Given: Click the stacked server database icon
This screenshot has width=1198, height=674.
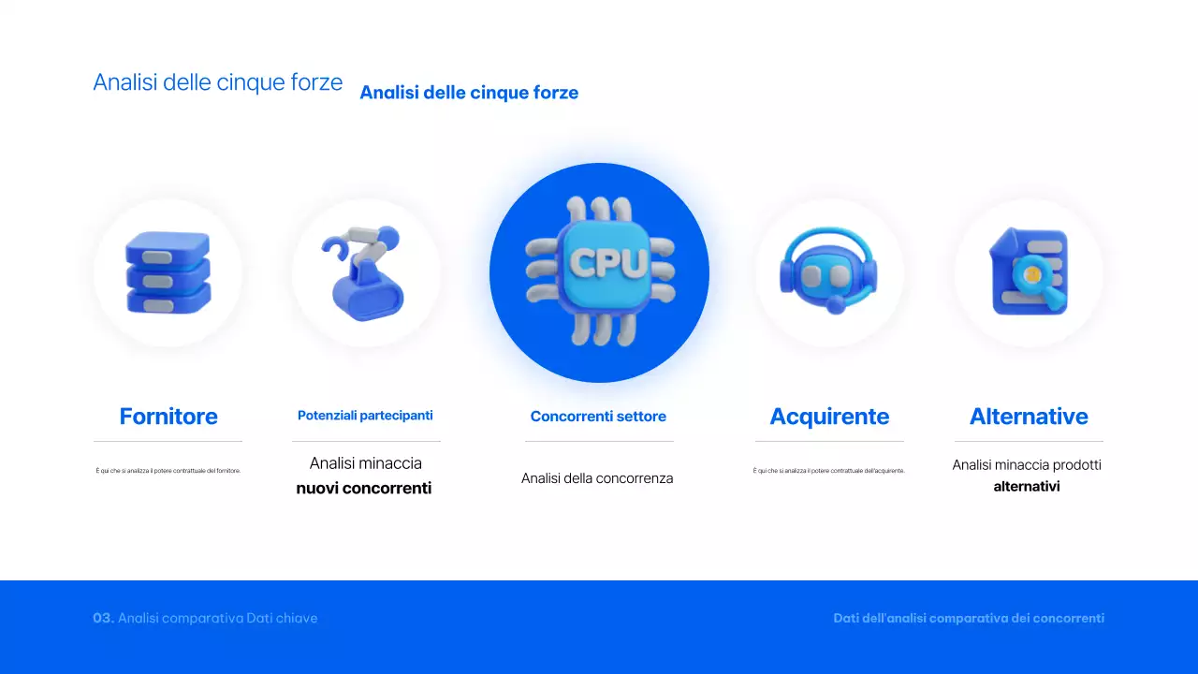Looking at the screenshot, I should [x=168, y=272].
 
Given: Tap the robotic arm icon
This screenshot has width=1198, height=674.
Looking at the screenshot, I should [x=365, y=272].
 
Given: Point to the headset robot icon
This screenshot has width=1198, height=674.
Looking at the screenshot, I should [x=829, y=272].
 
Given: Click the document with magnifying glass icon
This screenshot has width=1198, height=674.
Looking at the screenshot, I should [x=1029, y=272].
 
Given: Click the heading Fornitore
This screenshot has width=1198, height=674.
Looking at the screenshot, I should [x=168, y=417].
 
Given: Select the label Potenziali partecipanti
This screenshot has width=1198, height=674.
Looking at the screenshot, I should [x=365, y=416].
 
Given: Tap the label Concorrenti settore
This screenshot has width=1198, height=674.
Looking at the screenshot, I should [x=598, y=417].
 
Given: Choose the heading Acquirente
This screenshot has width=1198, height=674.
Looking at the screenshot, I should [x=829, y=417].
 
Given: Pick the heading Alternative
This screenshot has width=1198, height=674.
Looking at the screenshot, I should [x=1029, y=417].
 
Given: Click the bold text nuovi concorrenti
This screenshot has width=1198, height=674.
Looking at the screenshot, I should [x=364, y=489].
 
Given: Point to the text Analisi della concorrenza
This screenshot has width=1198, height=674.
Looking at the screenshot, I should [x=597, y=478].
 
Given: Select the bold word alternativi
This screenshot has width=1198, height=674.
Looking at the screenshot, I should [x=1027, y=487].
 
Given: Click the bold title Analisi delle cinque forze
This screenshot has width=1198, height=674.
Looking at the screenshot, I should [x=469, y=93].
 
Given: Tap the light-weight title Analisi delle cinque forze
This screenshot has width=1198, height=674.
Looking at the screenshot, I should [x=218, y=82].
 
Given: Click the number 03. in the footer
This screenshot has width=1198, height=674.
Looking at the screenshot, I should [x=103, y=618].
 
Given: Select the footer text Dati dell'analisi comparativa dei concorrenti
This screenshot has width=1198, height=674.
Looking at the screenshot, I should [x=969, y=618].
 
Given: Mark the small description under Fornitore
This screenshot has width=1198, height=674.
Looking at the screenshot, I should [x=168, y=471].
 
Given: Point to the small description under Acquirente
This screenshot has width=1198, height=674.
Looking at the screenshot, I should [x=829, y=471].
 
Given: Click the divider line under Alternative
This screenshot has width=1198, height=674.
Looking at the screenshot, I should [x=1029, y=441].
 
